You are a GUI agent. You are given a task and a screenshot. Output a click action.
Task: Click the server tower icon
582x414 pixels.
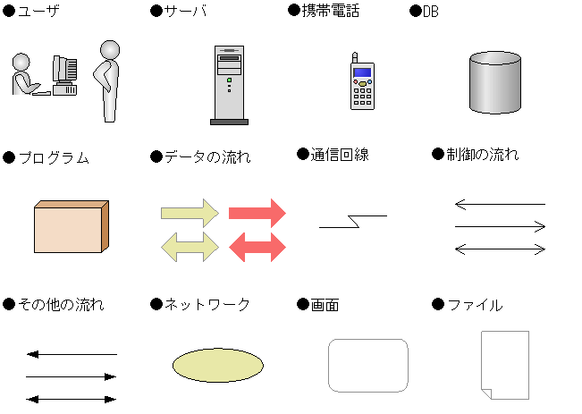229,85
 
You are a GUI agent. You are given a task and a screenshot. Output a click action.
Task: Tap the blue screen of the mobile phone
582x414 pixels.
362,72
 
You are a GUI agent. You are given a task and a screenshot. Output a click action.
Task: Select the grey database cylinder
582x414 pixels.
495,82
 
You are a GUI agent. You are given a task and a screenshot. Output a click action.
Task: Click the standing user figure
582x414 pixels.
107,81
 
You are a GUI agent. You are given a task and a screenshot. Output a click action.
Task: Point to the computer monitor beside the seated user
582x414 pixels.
65,69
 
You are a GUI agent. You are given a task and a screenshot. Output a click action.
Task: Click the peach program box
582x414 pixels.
72,226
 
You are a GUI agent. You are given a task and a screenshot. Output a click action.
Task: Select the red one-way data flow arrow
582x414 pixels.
257,213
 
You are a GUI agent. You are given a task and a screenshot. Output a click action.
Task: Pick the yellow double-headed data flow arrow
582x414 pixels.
190,247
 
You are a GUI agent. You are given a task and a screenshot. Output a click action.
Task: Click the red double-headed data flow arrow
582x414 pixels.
257,247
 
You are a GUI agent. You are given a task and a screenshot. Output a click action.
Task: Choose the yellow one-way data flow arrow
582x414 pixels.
190,213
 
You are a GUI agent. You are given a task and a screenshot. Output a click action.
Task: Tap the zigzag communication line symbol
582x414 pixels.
353,221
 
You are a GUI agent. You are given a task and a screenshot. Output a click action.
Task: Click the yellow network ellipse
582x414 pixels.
218,365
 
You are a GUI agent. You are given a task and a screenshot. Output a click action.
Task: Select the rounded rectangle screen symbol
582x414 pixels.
368,366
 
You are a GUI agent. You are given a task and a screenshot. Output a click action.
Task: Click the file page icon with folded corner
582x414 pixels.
505,365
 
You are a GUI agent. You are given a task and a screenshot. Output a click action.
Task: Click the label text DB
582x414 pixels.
431,12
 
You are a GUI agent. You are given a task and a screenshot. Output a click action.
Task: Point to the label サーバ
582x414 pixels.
185,11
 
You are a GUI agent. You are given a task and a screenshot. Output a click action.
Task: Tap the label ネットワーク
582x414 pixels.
207,305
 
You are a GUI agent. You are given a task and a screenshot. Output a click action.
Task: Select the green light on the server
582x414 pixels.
230,80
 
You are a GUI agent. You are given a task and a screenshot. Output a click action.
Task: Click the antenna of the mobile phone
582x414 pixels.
355,58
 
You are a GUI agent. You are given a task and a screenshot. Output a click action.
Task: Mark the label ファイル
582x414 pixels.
476,305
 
